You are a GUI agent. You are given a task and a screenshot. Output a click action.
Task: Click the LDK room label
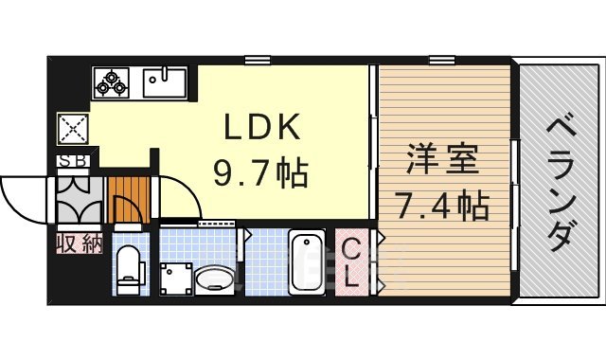tap(261, 126)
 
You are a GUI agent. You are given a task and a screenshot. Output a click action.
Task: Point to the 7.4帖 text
tap(442, 202)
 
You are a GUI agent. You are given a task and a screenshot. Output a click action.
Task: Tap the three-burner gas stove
tap(112, 82)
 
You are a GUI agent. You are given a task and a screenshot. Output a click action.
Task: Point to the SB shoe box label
tap(72, 161)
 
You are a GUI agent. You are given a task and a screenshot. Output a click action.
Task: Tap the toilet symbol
tap(126, 266)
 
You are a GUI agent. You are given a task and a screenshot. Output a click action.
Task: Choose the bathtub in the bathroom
tap(306, 261)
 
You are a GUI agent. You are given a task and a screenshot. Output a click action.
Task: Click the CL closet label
tap(351, 262)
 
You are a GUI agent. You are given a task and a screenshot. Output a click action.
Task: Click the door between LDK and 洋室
tap(373, 142)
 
